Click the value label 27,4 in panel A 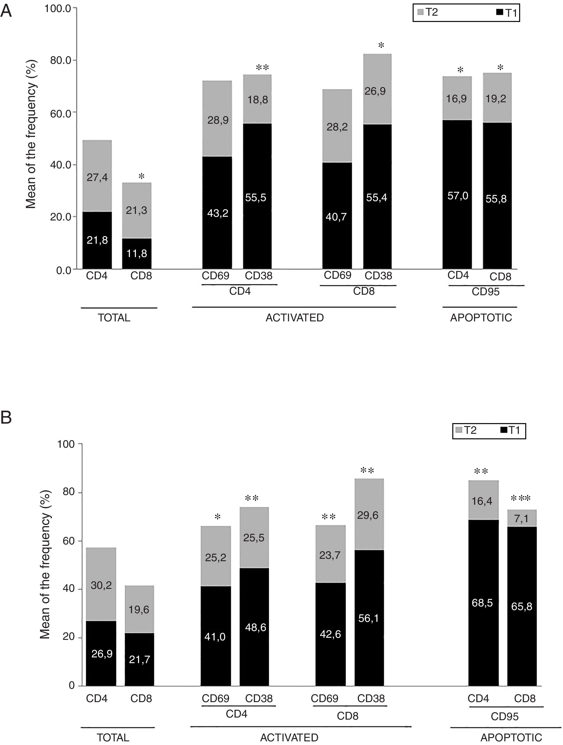(97, 177)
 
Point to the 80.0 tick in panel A (61, 61)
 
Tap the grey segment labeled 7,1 (522, 518)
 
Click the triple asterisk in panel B (521, 499)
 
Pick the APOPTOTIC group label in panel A (481, 318)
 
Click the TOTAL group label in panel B (113, 738)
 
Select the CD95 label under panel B (504, 716)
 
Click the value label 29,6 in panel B (368, 515)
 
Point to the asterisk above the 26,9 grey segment (381, 46)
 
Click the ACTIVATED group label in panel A (295, 318)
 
